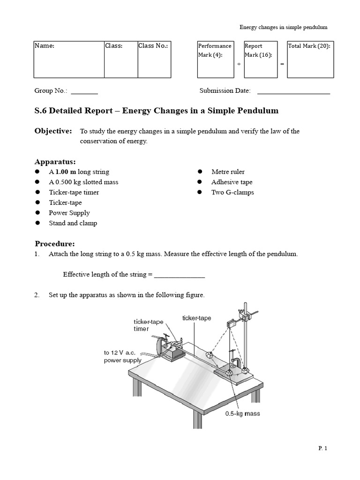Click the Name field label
coord(45,46)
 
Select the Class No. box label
coord(153,46)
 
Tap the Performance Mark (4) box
coord(215,59)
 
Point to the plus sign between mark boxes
coord(239,64)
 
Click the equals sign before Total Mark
coord(282,64)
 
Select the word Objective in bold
coord(53,131)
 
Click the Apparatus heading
coord(55,162)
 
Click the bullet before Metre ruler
coord(199,172)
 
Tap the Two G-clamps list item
coord(232,193)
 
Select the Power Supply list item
coord(69,213)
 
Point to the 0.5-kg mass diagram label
coord(242,413)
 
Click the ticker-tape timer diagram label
coord(148,325)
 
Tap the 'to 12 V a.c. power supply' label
coord(122,357)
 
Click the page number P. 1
coord(322,449)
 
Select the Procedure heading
coord(54,244)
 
